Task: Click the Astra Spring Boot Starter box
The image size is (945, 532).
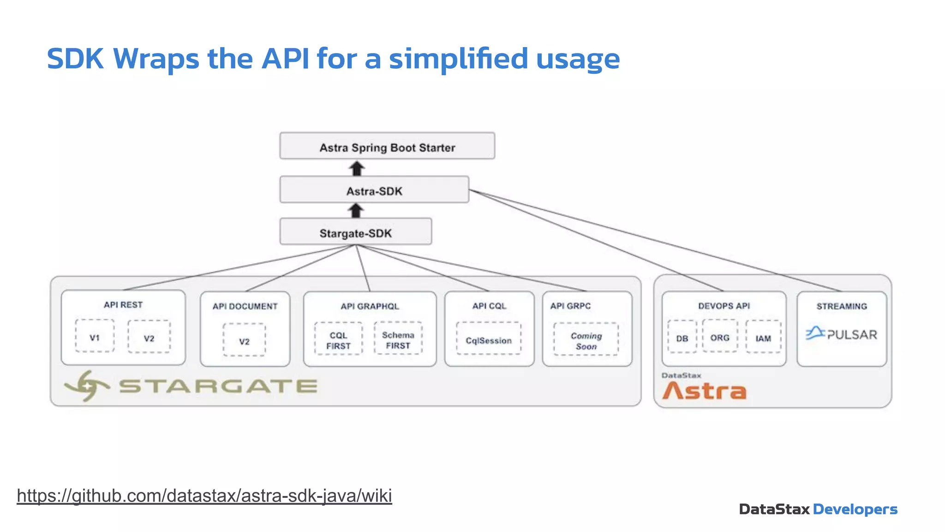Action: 387,146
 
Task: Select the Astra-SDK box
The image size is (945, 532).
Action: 374,190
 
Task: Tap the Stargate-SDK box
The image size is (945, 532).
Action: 356,232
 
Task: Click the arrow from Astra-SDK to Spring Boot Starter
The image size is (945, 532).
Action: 357,168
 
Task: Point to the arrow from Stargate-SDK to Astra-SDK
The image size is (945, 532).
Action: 356,211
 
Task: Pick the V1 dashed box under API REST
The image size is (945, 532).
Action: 95,337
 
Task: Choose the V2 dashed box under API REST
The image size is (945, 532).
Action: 149,337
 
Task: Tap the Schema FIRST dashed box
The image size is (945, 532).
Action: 398,339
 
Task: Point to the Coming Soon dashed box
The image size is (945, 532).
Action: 586,340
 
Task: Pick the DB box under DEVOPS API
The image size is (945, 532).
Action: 682,338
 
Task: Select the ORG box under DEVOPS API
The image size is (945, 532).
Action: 720,337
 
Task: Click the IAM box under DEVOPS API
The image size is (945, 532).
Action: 763,338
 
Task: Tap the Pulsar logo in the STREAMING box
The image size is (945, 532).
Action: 841,333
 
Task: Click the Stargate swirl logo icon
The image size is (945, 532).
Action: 87,386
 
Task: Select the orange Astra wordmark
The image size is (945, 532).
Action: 704,391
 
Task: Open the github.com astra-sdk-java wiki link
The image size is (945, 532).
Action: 204,496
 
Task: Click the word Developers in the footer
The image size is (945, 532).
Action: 855,509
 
